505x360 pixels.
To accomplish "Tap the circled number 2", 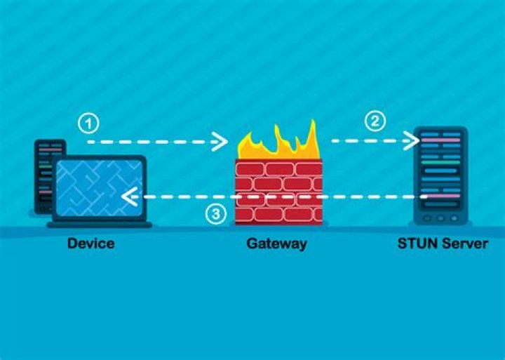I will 375,121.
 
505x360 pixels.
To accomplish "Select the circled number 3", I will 217,214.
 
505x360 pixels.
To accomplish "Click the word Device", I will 90,244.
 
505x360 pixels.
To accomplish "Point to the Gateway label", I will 276,244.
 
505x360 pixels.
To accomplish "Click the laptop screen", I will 99,187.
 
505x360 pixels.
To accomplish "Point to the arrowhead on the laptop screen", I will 128,198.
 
